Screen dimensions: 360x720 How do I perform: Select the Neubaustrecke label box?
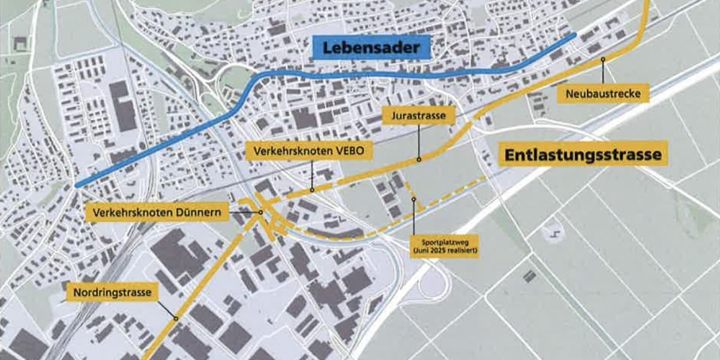[x=603, y=94]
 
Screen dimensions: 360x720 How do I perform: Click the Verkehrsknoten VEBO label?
[x=310, y=152]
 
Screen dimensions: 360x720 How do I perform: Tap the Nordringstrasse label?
[x=112, y=293]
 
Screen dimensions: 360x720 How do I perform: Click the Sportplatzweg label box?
[x=445, y=246]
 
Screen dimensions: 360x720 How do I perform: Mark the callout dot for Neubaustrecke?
[x=602, y=59]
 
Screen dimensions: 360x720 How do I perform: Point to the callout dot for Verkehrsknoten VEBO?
[x=313, y=190]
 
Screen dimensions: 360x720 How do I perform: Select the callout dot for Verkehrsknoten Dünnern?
[x=262, y=212]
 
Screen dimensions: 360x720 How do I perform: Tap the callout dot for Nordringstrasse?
[x=176, y=318]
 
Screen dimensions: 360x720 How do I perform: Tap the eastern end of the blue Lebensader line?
[x=574, y=35]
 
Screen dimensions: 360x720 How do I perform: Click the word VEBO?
[x=349, y=152]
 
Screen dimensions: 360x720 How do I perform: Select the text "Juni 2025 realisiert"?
[x=445, y=250]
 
